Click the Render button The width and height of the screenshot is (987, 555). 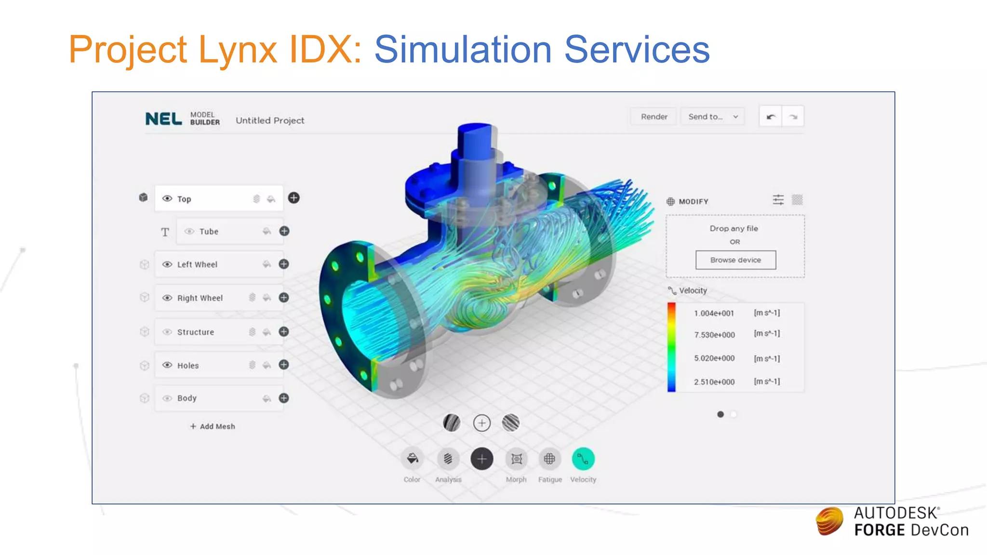tap(654, 117)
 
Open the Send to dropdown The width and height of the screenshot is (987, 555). tap(713, 117)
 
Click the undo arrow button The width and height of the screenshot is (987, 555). tap(771, 117)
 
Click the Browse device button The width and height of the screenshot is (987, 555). tap(735, 260)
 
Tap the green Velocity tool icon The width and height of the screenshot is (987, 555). tap(583, 459)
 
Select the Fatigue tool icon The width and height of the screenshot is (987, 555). tap(549, 459)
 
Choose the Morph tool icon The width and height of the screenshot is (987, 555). tap(516, 459)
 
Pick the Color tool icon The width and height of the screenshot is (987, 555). tap(412, 459)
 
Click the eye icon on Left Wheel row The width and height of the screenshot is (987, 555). tap(167, 264)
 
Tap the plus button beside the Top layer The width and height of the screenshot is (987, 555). tap(293, 198)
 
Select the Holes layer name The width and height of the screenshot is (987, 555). tap(188, 366)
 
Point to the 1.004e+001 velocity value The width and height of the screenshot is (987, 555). tap(714, 313)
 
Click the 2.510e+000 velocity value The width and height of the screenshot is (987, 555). tap(714, 382)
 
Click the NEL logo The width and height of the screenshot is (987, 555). tap(164, 119)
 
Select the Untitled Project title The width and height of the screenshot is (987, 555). tap(270, 120)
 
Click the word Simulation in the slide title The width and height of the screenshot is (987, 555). tap(463, 49)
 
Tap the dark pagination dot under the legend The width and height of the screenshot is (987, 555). tap(720, 414)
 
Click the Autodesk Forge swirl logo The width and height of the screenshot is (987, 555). tap(829, 521)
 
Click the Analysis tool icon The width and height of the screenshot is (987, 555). tap(448, 459)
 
